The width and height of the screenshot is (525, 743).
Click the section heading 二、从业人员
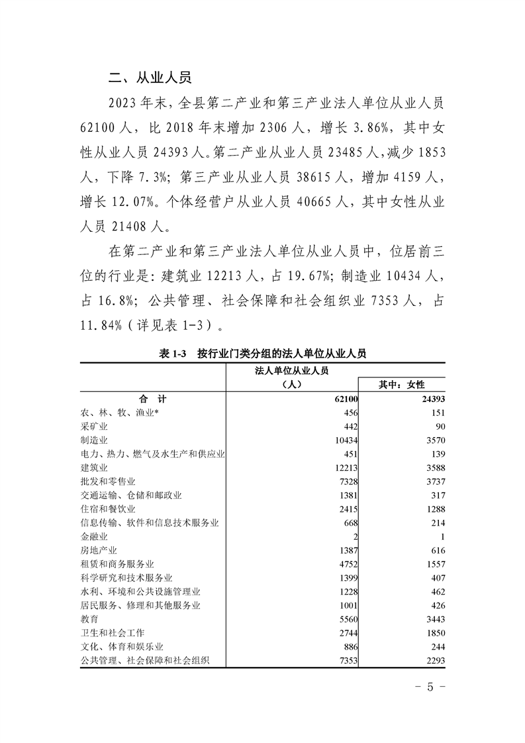coord(150,78)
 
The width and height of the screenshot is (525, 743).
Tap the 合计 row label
coord(152,399)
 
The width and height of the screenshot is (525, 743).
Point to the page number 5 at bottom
coord(430,686)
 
